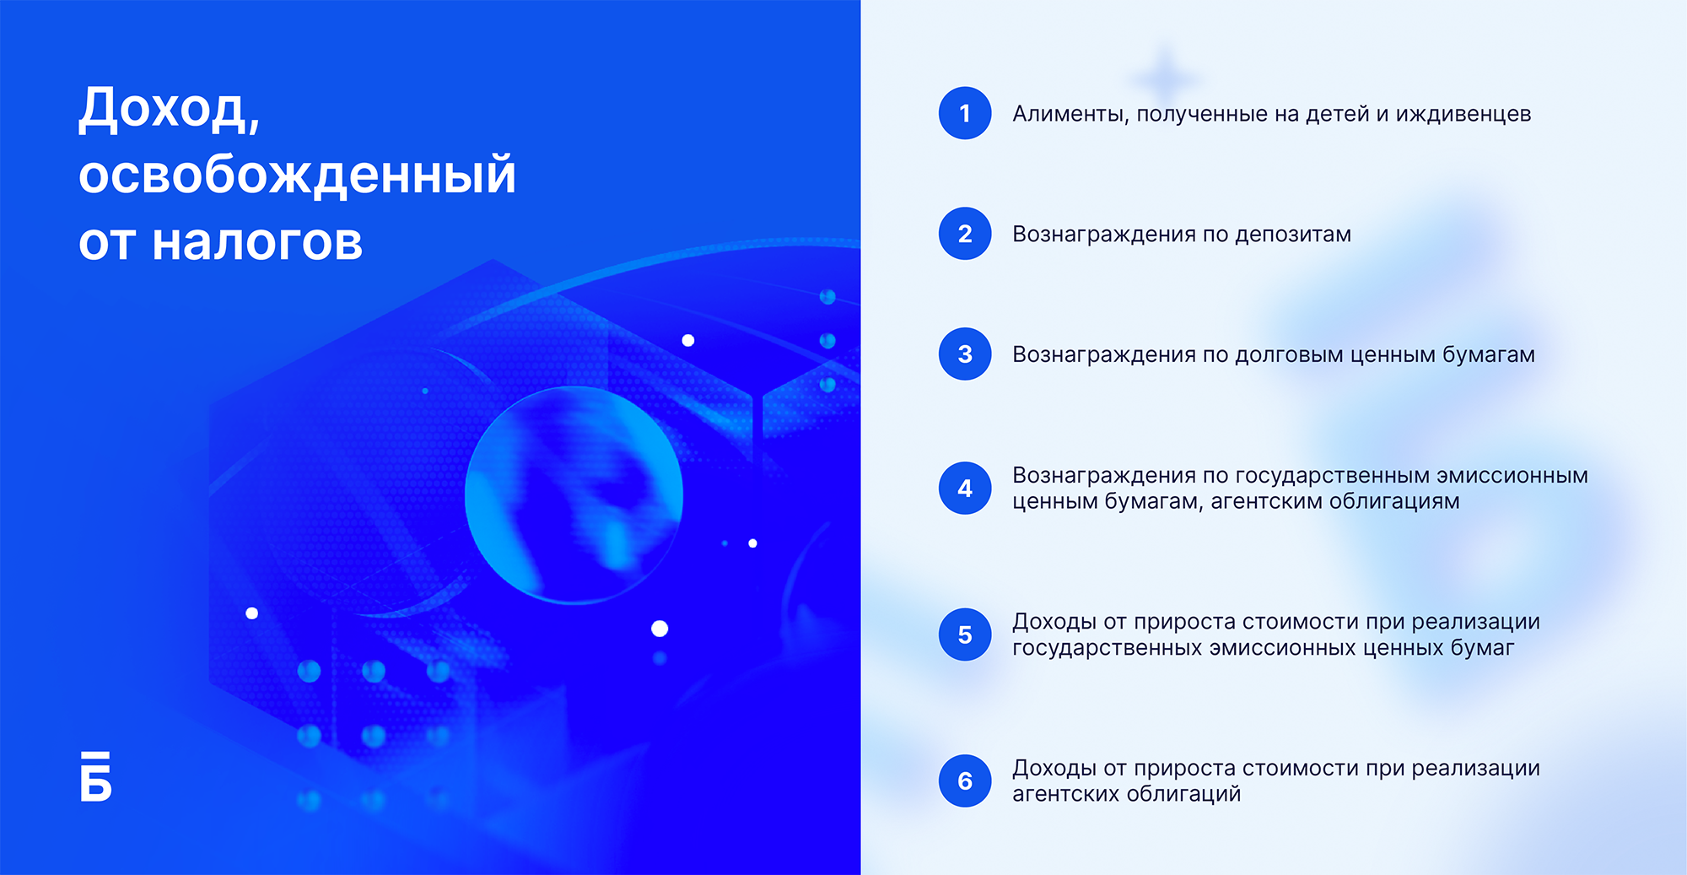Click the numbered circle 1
[965, 113]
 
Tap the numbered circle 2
[965, 234]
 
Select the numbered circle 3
[965, 354]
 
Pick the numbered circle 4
[965, 488]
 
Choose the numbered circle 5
[965, 635]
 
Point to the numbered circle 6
[965, 780]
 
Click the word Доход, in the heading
[170, 111]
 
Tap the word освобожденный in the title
[297, 176]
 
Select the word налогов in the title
[257, 243]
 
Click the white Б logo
[95, 775]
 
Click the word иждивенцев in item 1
[1463, 115]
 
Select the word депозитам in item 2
[1293, 235]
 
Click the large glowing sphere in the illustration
[574, 495]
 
